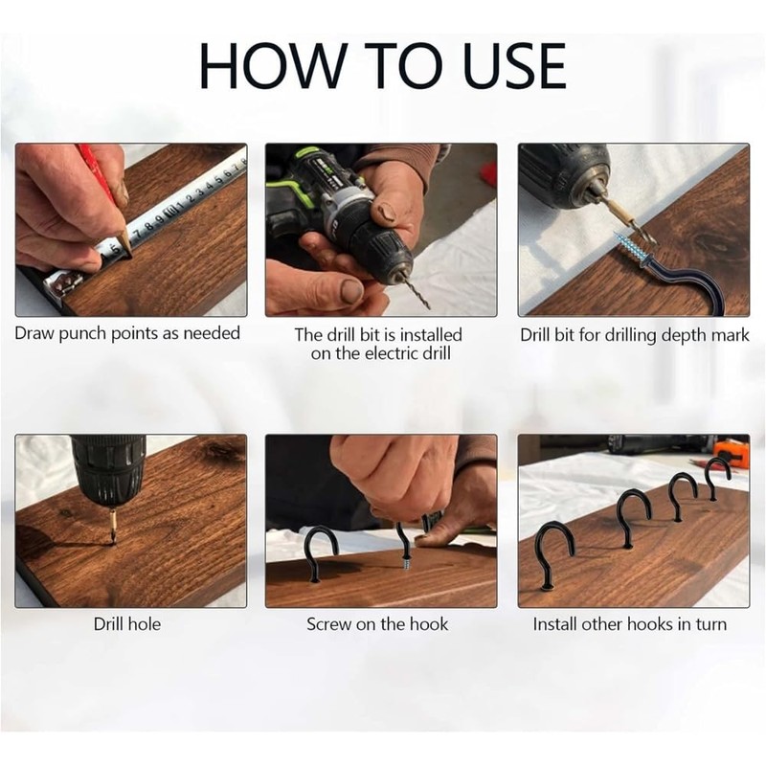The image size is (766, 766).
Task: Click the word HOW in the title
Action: click(272, 66)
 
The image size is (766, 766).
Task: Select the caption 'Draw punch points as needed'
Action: click(127, 333)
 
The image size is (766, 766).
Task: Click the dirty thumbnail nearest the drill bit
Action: click(350, 291)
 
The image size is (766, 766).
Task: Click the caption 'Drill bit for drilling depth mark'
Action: click(634, 336)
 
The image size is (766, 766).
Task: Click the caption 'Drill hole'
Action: click(127, 624)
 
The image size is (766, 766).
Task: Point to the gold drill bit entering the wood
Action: click(113, 527)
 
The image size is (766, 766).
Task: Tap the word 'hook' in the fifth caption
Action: click(429, 624)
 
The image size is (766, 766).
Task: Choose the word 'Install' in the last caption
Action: click(555, 624)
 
